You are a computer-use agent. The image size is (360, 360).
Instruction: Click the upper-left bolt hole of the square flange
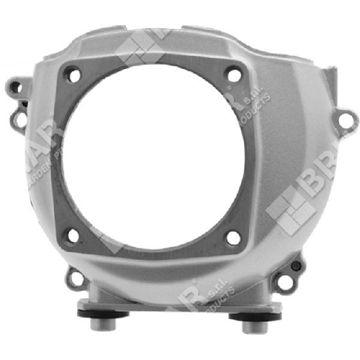tap(73, 74)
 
